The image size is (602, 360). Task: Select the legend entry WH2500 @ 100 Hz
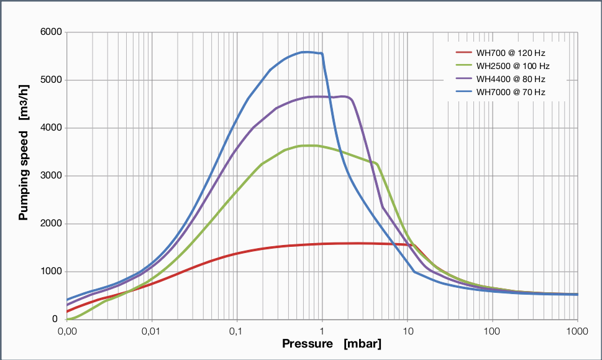(x=513, y=66)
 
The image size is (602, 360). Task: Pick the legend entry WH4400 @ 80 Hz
(x=511, y=79)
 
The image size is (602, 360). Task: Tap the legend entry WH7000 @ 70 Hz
(x=511, y=92)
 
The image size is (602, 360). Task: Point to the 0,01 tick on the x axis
(x=151, y=330)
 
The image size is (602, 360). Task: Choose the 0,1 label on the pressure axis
(x=237, y=330)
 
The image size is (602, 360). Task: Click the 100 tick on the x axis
(x=493, y=330)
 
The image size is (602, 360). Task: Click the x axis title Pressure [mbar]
(x=332, y=344)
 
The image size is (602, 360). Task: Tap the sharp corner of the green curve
(x=376, y=164)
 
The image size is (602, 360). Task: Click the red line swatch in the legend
(x=463, y=53)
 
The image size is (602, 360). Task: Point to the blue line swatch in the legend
(x=463, y=92)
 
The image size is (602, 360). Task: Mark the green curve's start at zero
(x=68, y=319)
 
